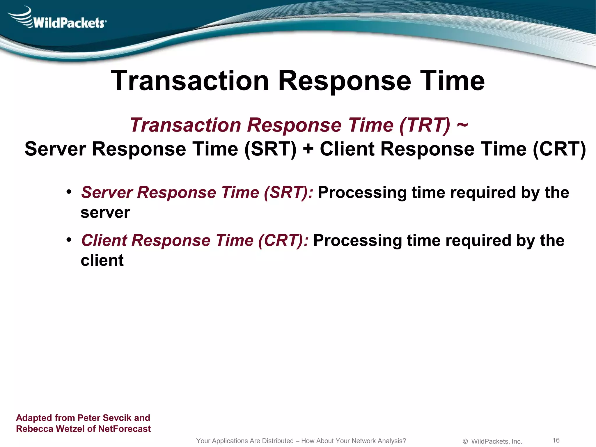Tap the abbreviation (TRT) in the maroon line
pyautogui.click(x=425, y=125)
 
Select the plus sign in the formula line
pyautogui.click(x=308, y=149)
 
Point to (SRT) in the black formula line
pyautogui.click(x=270, y=149)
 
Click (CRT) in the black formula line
pyautogui.click(x=559, y=149)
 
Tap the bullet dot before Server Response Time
pyautogui.click(x=69, y=192)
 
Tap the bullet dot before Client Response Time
pyautogui.click(x=69, y=240)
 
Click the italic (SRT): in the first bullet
pyautogui.click(x=288, y=193)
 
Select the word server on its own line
pyautogui.click(x=105, y=213)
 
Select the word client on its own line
pyautogui.click(x=102, y=260)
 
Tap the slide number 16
pyautogui.click(x=556, y=440)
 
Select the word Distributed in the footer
pyautogui.click(x=278, y=441)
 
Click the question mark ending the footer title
pyautogui.click(x=404, y=441)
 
